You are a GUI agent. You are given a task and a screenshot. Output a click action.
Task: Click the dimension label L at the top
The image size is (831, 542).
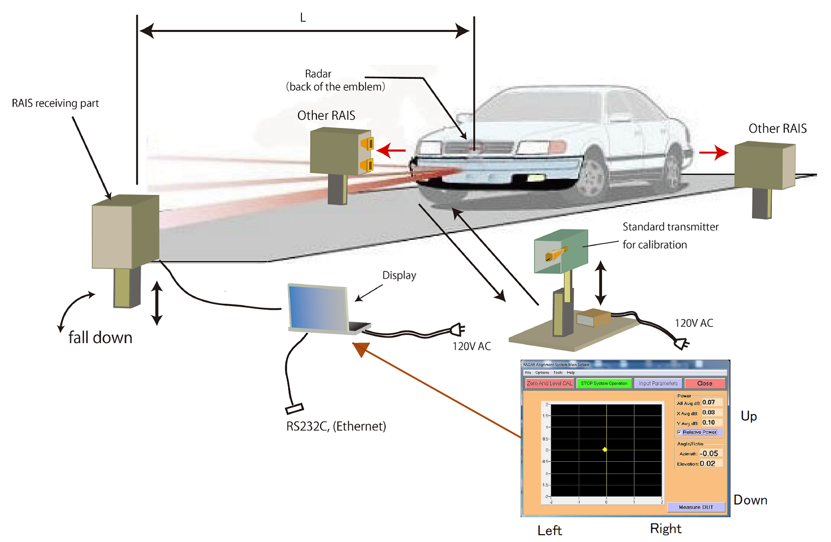[x=303, y=18]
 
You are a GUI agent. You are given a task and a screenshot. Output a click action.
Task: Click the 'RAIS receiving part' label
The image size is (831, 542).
[x=55, y=103]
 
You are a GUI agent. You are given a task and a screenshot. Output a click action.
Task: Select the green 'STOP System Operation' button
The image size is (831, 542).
[x=604, y=383]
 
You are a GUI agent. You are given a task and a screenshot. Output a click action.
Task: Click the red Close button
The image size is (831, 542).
[x=704, y=383]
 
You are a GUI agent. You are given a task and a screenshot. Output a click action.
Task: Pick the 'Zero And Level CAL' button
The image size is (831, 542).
[x=549, y=383]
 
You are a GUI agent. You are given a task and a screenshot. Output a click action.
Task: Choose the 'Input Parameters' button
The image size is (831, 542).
[x=658, y=383]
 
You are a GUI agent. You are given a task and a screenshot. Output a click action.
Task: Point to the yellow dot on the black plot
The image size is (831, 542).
[x=605, y=449]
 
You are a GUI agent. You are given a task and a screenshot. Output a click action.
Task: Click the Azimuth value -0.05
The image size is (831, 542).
[x=710, y=453]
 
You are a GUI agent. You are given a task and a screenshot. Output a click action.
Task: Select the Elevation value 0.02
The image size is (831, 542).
[x=708, y=464]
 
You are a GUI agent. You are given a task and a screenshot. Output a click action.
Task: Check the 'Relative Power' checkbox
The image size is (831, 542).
[x=680, y=432]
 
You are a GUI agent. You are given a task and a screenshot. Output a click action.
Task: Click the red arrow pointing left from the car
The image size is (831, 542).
[x=392, y=150]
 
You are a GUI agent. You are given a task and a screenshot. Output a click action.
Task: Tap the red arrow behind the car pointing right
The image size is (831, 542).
[x=714, y=153]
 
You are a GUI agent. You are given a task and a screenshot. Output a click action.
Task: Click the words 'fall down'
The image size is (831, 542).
[x=100, y=338]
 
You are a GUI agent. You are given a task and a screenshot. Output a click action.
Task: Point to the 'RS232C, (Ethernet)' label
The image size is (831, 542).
[x=336, y=426]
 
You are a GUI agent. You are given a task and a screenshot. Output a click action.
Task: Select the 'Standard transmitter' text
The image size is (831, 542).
[x=670, y=227]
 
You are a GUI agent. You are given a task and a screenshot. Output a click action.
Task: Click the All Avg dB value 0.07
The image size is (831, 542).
[x=709, y=403]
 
